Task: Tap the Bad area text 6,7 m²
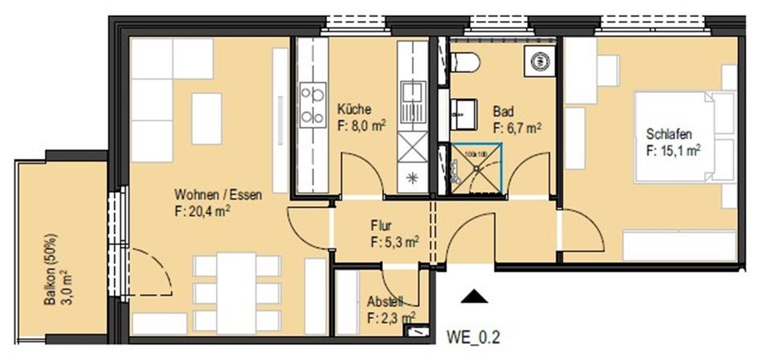tap(516, 127)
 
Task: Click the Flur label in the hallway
tap(381, 226)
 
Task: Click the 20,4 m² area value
tap(202, 212)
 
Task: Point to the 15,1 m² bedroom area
tap(672, 150)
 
